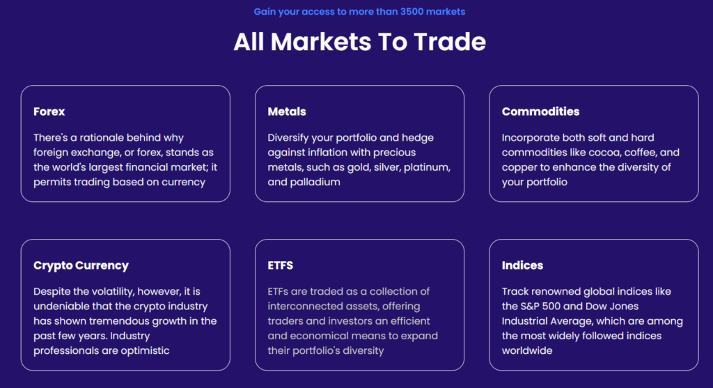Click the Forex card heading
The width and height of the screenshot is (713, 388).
click(x=49, y=111)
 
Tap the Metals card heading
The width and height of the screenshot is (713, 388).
click(x=287, y=111)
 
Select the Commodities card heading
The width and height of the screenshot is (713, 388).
click(x=540, y=111)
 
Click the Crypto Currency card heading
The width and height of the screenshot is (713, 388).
click(x=81, y=265)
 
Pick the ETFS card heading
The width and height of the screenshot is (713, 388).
click(x=280, y=265)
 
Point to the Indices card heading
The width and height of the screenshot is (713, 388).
click(x=522, y=265)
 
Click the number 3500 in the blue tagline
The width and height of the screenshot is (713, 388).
click(x=412, y=11)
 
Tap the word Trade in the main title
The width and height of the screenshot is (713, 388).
click(x=450, y=42)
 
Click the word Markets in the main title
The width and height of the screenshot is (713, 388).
click(x=321, y=42)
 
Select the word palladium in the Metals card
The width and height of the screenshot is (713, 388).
click(x=315, y=182)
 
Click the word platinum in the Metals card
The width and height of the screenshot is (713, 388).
click(x=427, y=167)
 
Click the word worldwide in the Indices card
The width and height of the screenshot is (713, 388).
click(x=527, y=350)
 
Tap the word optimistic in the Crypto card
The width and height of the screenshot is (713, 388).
click(x=145, y=350)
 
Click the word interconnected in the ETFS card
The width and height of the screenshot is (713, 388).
click(x=298, y=306)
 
